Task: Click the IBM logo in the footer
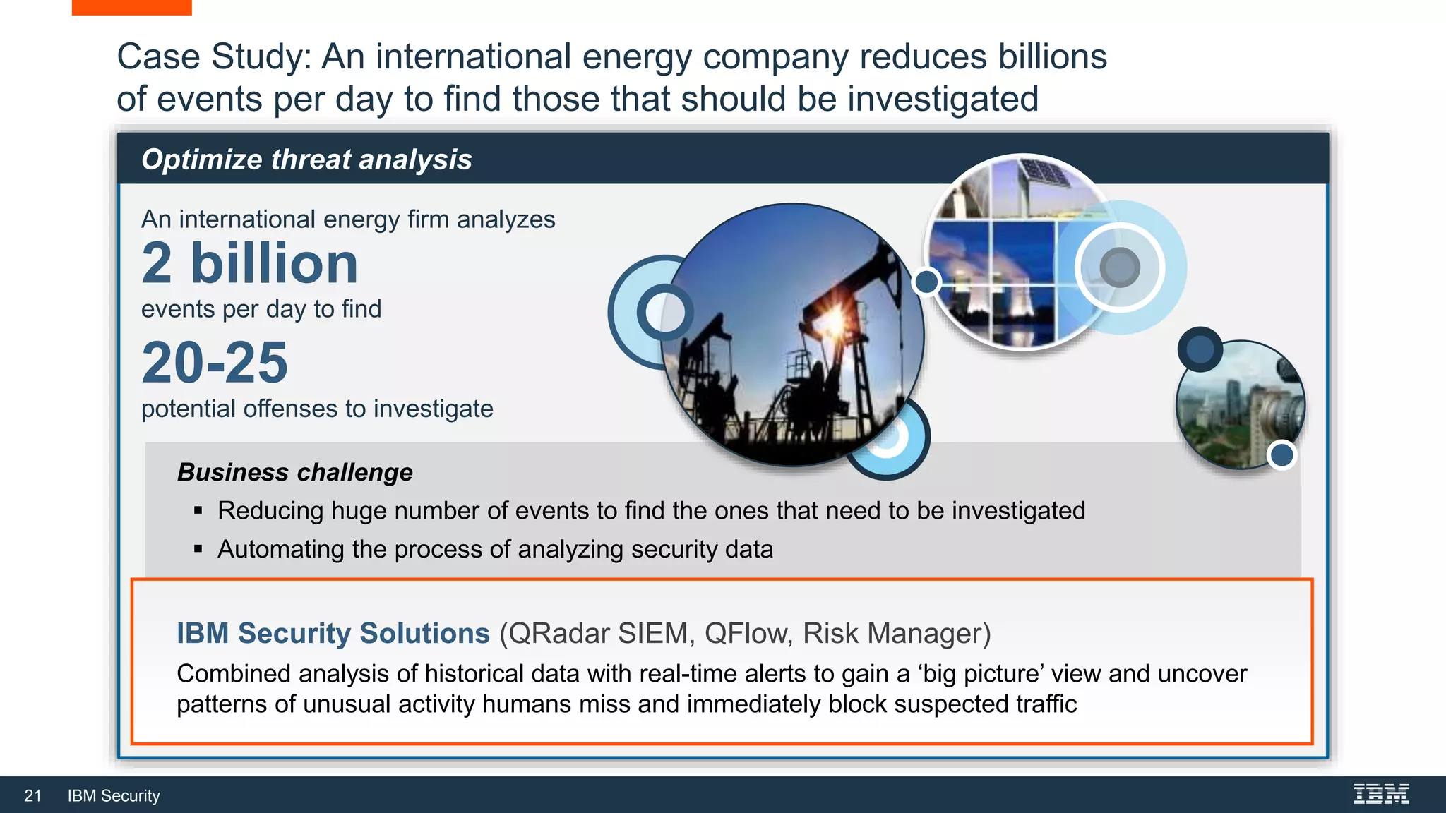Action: click(1381, 794)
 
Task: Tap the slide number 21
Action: click(32, 796)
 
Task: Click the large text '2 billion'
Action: click(250, 263)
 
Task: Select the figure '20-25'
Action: click(215, 363)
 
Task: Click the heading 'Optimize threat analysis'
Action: click(306, 159)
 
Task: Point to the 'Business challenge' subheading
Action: click(294, 472)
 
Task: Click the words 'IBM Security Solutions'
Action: click(333, 633)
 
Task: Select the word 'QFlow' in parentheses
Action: click(745, 633)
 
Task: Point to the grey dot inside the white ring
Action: click(1120, 267)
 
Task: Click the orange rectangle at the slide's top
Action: click(131, 7)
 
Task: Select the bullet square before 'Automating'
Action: click(198, 548)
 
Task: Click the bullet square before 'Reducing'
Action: click(198, 510)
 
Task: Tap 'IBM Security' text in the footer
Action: click(114, 796)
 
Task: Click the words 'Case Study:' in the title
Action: click(214, 56)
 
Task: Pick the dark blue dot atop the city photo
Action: click(1200, 349)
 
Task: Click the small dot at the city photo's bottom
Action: click(1281, 455)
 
